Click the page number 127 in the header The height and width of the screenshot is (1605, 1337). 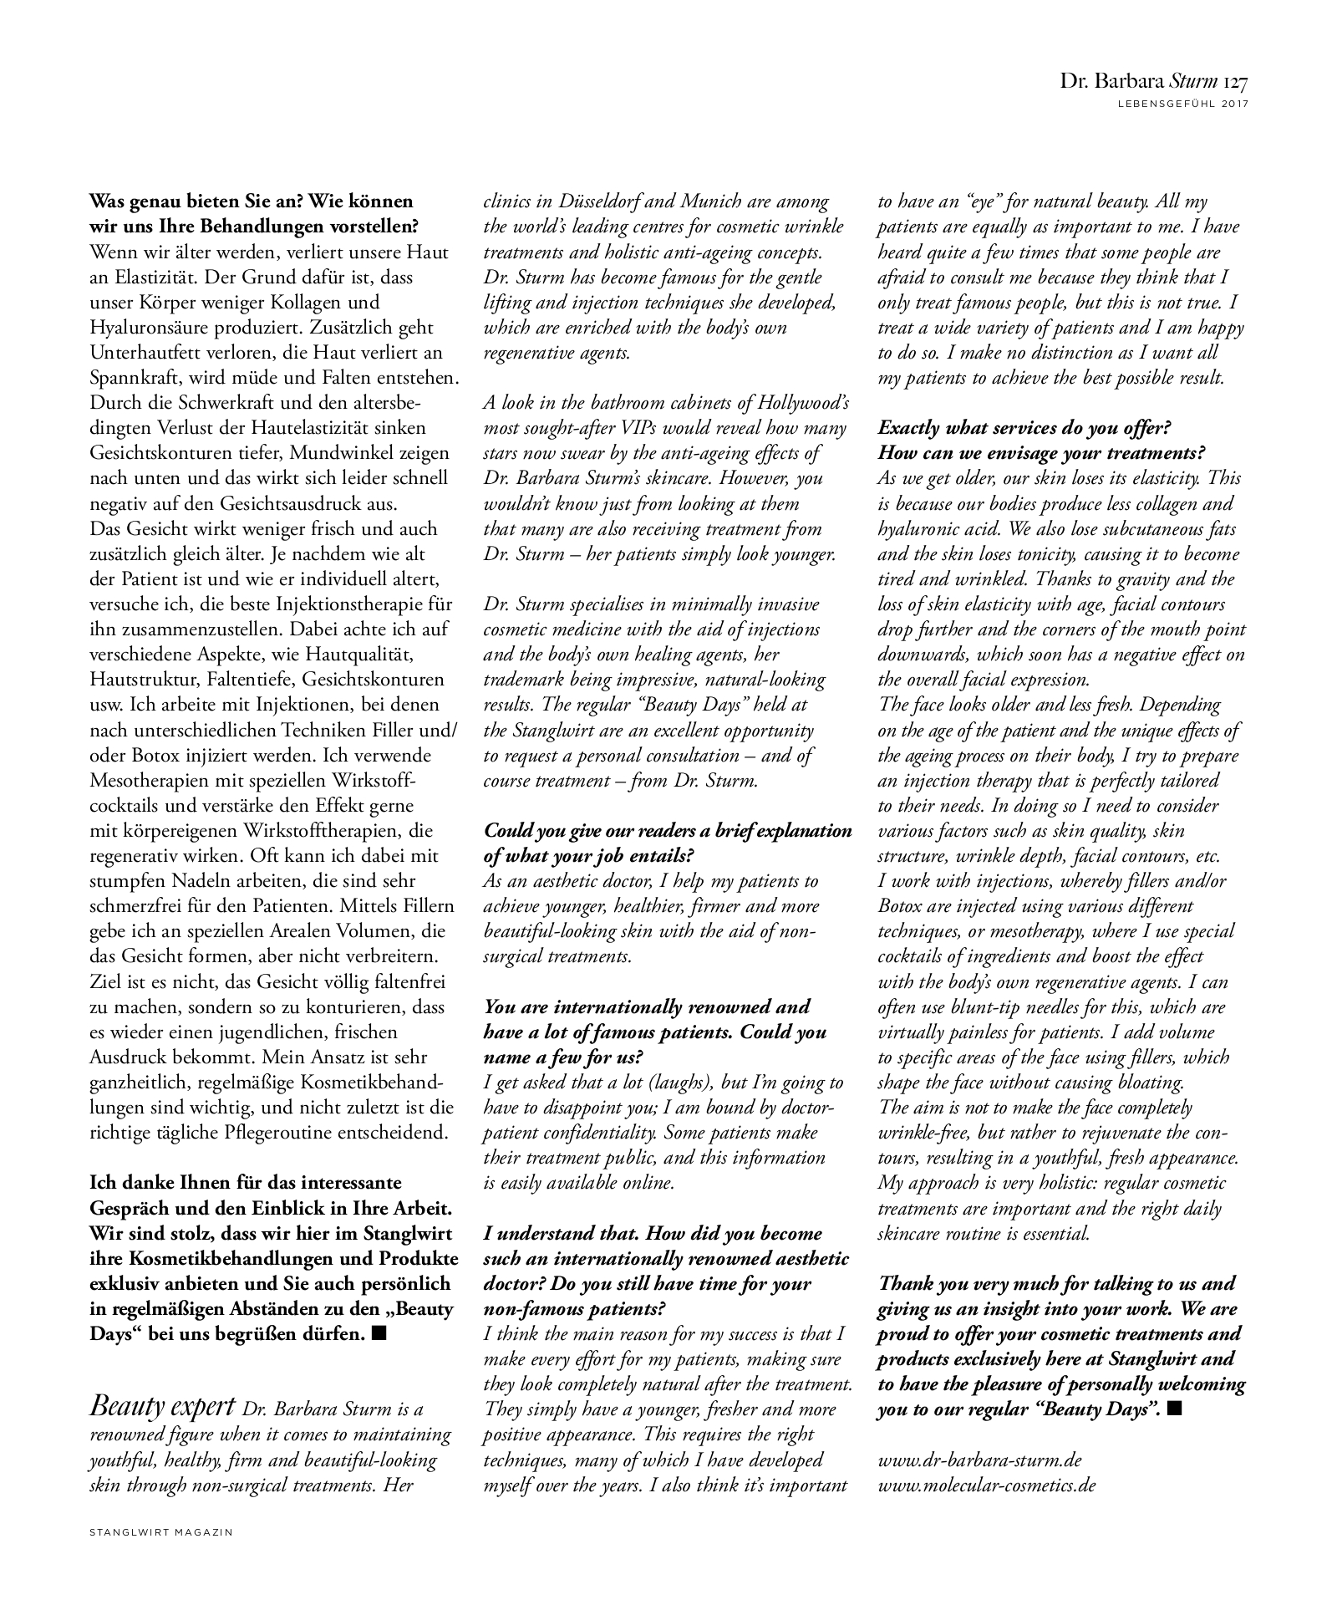pyautogui.click(x=1235, y=82)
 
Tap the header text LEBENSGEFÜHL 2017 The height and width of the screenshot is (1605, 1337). pyautogui.click(x=1182, y=104)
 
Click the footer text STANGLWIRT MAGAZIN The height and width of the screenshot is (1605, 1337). pyautogui.click(x=160, y=1532)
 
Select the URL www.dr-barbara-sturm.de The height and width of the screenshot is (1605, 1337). pyautogui.click(x=979, y=1460)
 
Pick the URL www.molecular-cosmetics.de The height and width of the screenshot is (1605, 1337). pyautogui.click(x=986, y=1485)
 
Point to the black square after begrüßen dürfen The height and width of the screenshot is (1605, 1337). pyautogui.click(x=379, y=1334)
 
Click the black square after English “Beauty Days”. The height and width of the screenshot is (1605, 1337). pyautogui.click(x=1174, y=1409)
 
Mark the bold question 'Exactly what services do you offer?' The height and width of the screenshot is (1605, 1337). pyautogui.click(x=1024, y=428)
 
